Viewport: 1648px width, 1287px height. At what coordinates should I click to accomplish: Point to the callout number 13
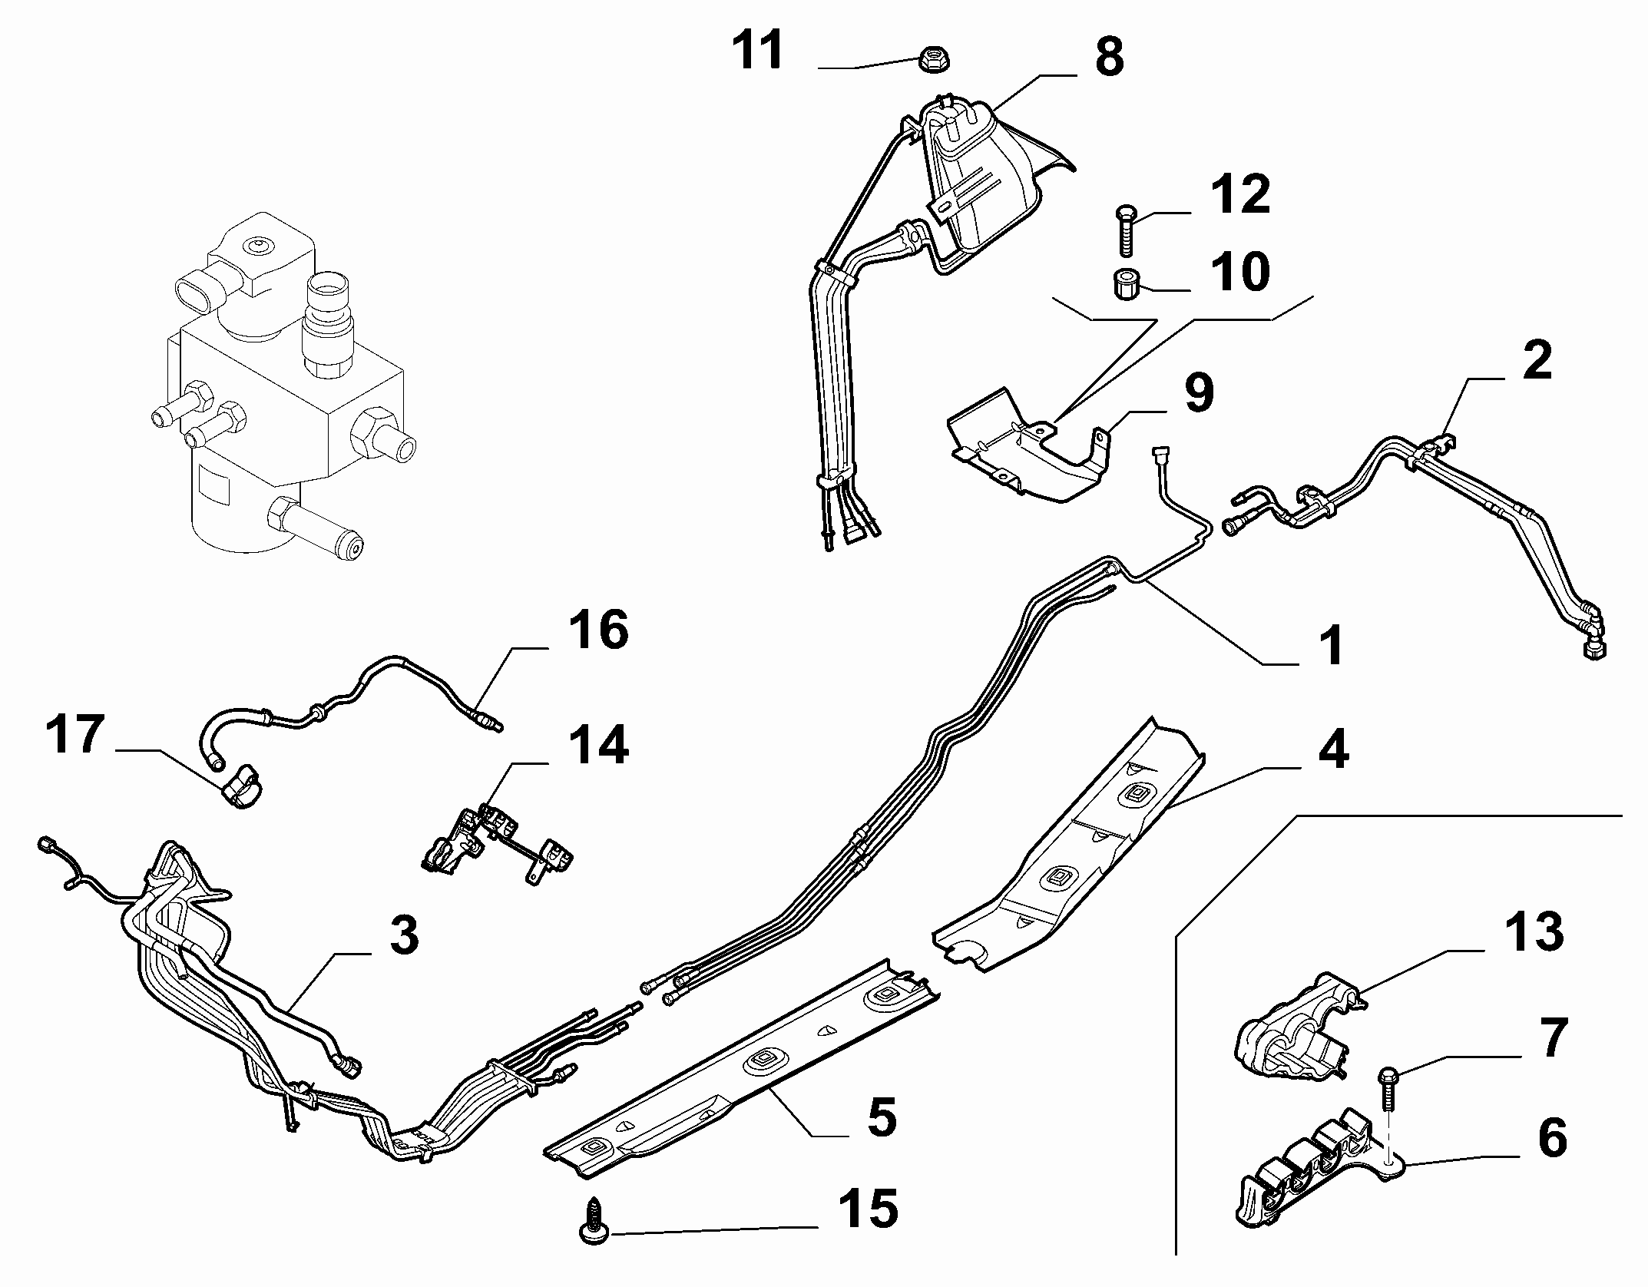pyautogui.click(x=1534, y=932)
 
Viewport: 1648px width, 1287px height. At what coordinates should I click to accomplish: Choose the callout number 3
pyautogui.click(x=403, y=935)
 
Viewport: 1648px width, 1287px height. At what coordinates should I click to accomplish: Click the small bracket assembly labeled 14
pyautogui.click(x=498, y=845)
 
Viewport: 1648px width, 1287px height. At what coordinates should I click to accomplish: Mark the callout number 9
pyautogui.click(x=1199, y=392)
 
